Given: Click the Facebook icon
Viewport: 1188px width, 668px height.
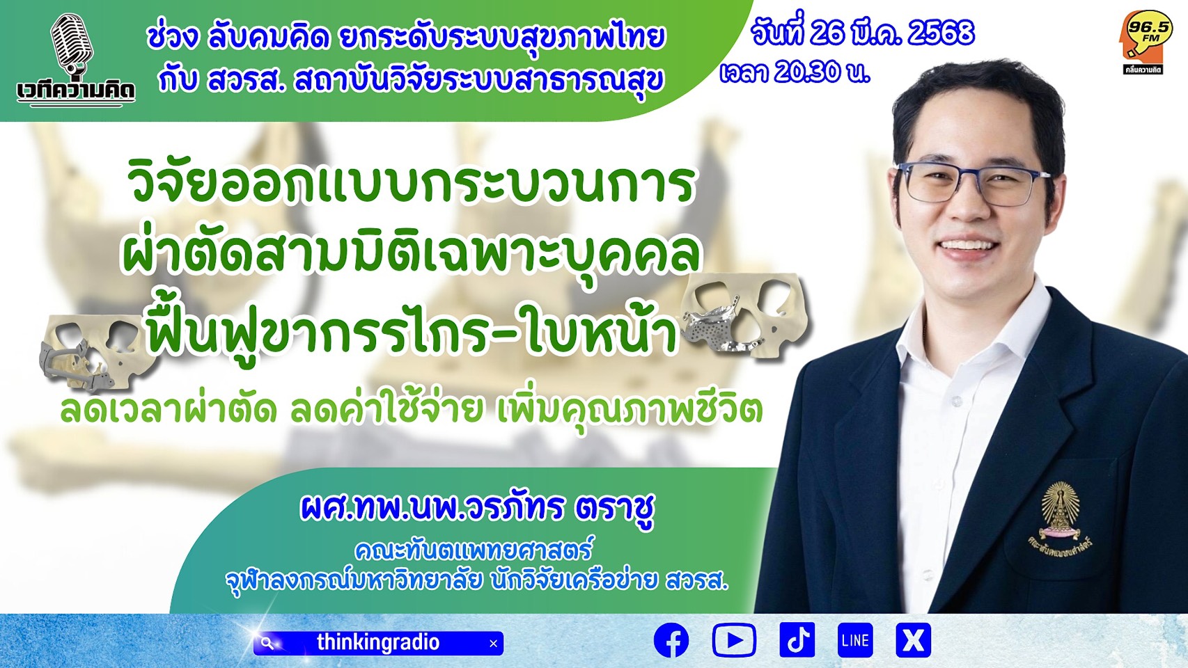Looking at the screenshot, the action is pyautogui.click(x=671, y=640).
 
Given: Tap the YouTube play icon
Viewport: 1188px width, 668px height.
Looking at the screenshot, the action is pyautogui.click(x=734, y=640).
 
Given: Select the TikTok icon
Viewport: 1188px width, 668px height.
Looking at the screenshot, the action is pyautogui.click(x=797, y=640).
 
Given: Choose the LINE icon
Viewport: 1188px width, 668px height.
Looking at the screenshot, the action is pyautogui.click(x=855, y=640).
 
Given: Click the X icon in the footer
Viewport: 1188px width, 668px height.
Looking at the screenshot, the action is pyautogui.click(x=913, y=640).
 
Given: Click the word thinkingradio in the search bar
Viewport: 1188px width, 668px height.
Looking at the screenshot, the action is pyautogui.click(x=378, y=642).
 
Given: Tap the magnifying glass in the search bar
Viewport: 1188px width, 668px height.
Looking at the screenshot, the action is pyautogui.click(x=267, y=643).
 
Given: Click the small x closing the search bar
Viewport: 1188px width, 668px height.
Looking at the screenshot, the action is pyautogui.click(x=493, y=644).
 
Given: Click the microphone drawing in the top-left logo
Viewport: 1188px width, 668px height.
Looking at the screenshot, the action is pyautogui.click(x=72, y=43).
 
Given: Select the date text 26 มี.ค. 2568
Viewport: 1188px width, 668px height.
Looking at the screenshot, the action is pyautogui.click(x=892, y=33).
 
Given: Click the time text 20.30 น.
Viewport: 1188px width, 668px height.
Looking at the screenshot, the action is pyautogui.click(x=821, y=72).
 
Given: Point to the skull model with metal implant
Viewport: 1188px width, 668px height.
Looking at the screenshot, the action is pyautogui.click(x=745, y=315).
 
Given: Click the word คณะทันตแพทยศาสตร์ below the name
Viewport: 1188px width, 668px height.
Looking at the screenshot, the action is pyautogui.click(x=473, y=550).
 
